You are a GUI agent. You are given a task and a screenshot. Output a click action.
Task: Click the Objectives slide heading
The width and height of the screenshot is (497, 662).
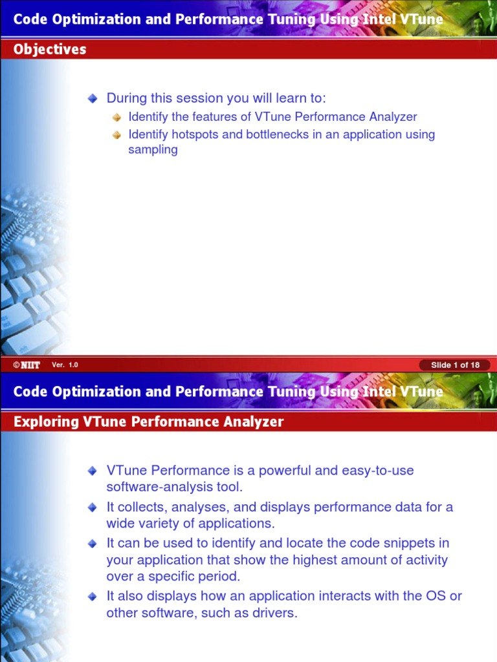[50, 49]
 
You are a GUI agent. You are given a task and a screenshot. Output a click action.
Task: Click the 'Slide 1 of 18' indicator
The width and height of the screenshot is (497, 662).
[455, 365]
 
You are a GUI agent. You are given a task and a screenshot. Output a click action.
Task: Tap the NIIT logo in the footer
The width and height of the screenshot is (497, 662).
[27, 365]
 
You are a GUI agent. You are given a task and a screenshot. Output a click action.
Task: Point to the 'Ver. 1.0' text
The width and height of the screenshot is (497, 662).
[65, 365]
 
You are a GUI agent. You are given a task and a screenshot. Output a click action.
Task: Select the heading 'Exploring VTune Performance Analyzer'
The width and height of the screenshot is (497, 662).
[148, 422]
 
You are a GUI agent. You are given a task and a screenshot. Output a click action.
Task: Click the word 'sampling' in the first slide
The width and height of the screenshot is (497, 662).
[153, 150]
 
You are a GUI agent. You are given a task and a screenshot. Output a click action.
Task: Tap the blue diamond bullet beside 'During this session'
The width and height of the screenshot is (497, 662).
[93, 98]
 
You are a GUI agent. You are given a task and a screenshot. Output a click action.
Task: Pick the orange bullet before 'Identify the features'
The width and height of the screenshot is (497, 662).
[116, 117]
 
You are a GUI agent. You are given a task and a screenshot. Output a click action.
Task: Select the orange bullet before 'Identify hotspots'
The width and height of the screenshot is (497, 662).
[116, 135]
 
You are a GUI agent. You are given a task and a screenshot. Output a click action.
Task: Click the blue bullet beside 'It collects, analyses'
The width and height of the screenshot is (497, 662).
[93, 507]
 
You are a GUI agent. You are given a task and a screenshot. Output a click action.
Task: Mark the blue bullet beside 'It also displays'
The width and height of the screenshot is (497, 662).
[93, 596]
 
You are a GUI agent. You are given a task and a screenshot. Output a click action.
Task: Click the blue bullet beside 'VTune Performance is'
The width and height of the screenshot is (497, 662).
[93, 471]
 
